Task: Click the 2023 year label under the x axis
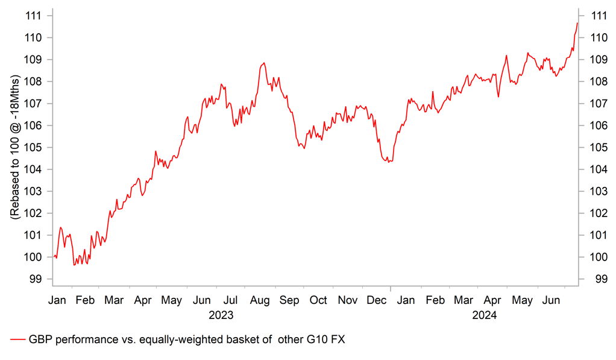221,315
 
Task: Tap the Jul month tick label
230,300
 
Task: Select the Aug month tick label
260,300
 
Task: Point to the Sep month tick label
289,300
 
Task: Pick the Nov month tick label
347,300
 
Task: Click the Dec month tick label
376,300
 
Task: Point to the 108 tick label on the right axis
599,81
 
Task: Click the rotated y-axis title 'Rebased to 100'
15,148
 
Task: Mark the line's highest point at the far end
577,23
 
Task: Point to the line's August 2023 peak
264,63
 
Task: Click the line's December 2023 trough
389,162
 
